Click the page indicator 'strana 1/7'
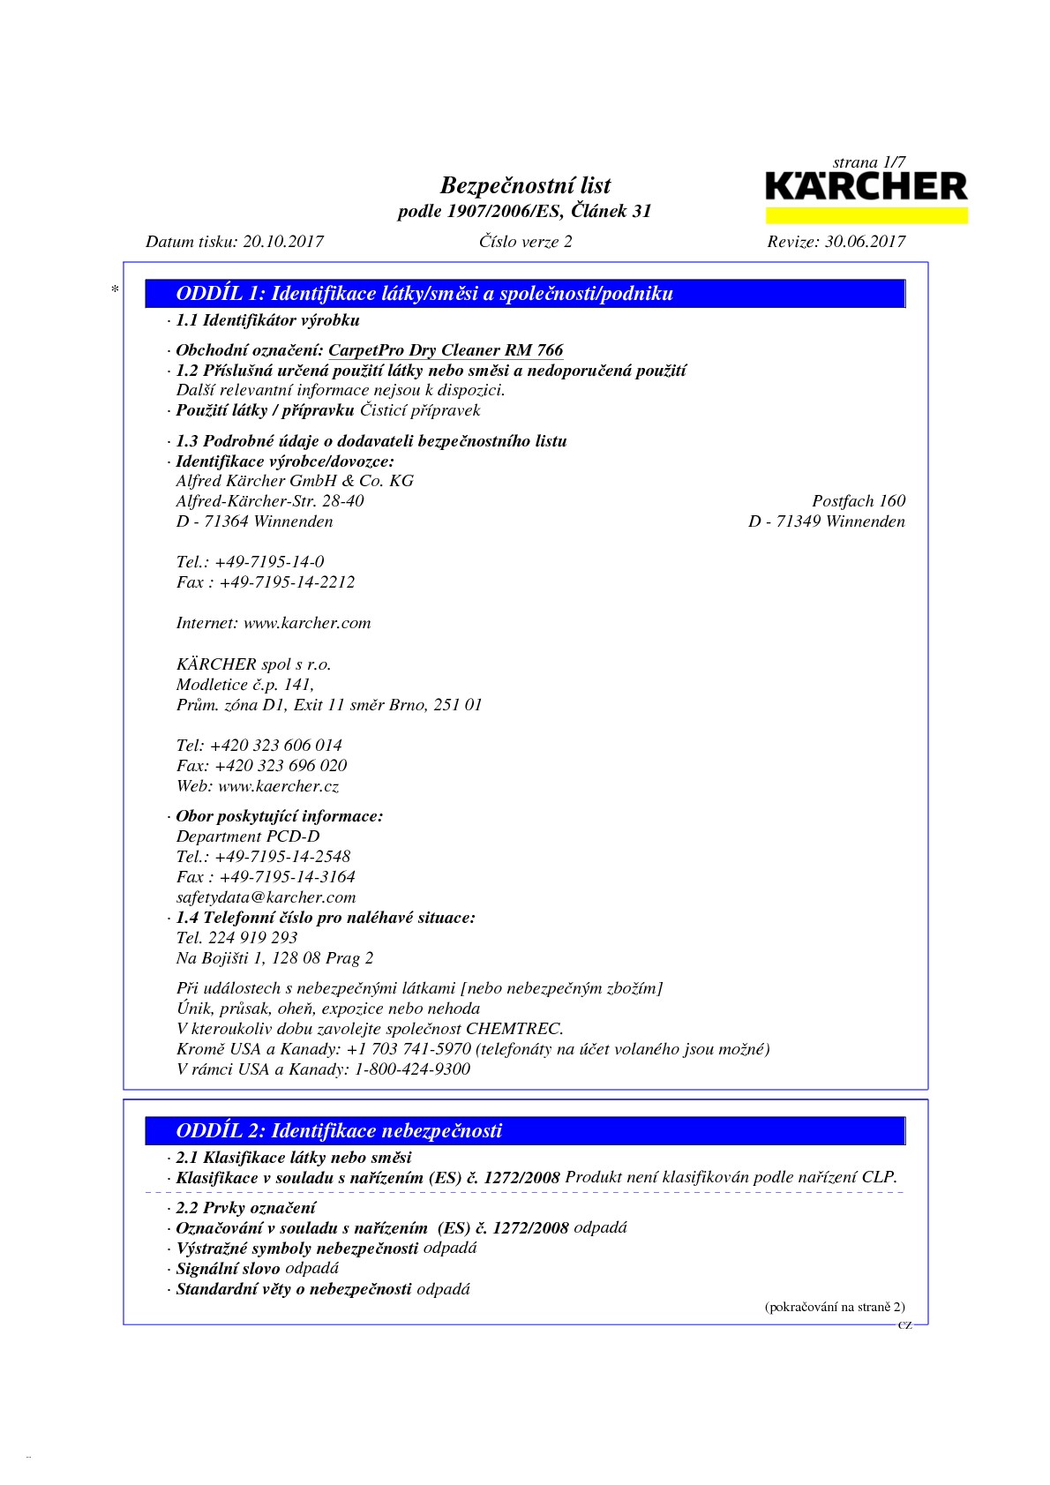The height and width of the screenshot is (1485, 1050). click(868, 162)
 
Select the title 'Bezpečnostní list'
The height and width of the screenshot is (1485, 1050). click(525, 185)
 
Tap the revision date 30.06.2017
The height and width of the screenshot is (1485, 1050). click(864, 242)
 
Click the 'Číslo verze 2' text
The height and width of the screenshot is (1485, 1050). click(525, 242)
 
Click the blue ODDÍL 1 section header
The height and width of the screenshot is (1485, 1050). click(526, 294)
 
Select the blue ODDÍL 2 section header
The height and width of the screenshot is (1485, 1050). click(526, 1130)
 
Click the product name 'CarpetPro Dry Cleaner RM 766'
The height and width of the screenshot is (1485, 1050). click(446, 350)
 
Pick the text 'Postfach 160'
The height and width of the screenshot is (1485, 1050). click(858, 501)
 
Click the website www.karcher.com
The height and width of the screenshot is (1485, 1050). click(307, 623)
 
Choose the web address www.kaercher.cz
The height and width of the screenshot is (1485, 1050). click(278, 786)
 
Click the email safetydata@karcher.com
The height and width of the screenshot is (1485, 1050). click(266, 897)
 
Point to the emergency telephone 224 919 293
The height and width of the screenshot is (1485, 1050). click(252, 938)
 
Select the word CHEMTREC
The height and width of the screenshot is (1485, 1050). click(514, 1029)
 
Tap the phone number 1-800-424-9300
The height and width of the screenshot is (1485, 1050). click(412, 1069)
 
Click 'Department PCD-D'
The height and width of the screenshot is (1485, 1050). click(248, 836)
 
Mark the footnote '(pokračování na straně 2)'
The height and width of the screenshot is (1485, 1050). click(834, 1307)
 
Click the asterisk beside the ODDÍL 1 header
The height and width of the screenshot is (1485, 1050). click(115, 289)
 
